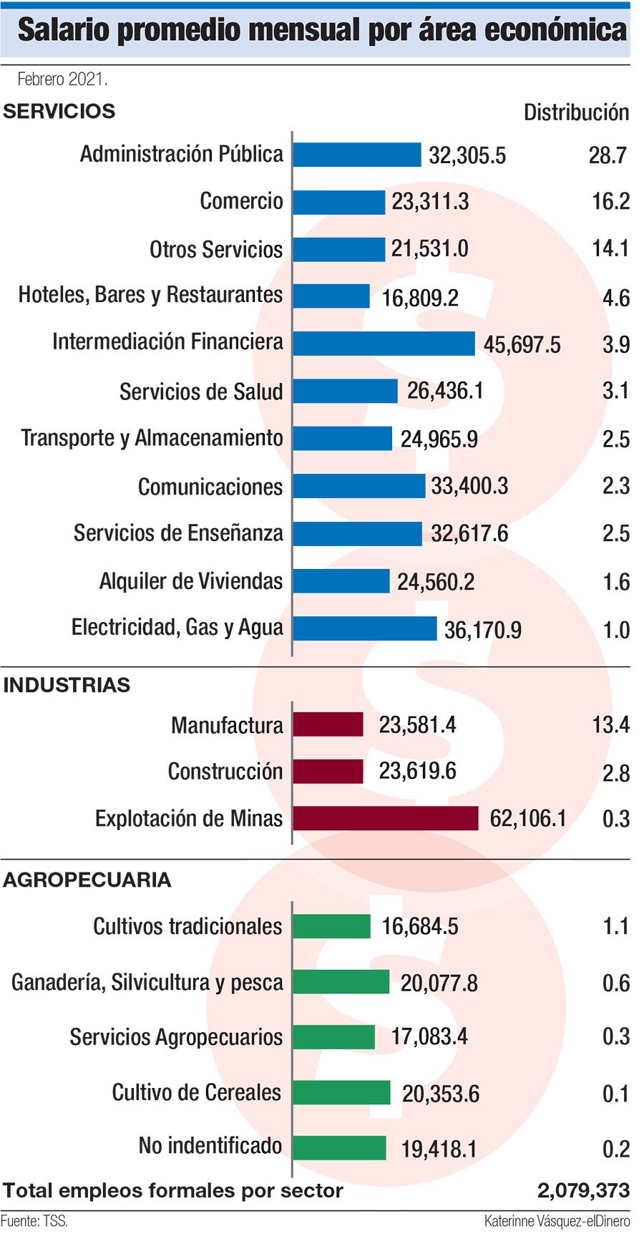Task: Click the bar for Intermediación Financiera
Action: [x=384, y=344]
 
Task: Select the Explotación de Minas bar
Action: [x=385, y=818]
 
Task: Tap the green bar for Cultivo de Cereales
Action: [x=341, y=1093]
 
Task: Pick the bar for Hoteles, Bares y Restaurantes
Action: [x=331, y=296]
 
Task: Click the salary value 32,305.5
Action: [x=467, y=155]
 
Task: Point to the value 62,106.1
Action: [x=528, y=818]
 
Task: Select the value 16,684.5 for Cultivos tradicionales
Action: [x=420, y=927]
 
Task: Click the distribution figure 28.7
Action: [x=608, y=155]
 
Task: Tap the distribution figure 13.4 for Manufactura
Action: [x=610, y=725]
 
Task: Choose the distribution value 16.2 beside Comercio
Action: [x=610, y=202]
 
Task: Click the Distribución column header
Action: [x=576, y=112]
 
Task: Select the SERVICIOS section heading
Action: [x=59, y=112]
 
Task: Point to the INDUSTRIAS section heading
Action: [x=67, y=685]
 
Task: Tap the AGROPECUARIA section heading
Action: [x=87, y=880]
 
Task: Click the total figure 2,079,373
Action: [x=583, y=1190]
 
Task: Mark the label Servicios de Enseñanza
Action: [x=178, y=533]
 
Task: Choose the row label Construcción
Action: [x=225, y=772]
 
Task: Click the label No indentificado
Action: [x=210, y=1146]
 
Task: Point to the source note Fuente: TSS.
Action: [x=34, y=1221]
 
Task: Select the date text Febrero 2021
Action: [x=62, y=79]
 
